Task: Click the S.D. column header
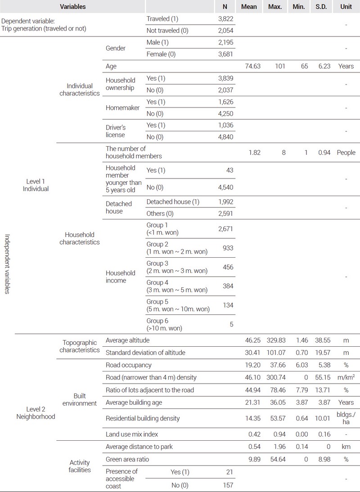321,7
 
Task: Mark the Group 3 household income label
176,267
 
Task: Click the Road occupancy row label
129,365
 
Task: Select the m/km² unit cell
346,377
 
